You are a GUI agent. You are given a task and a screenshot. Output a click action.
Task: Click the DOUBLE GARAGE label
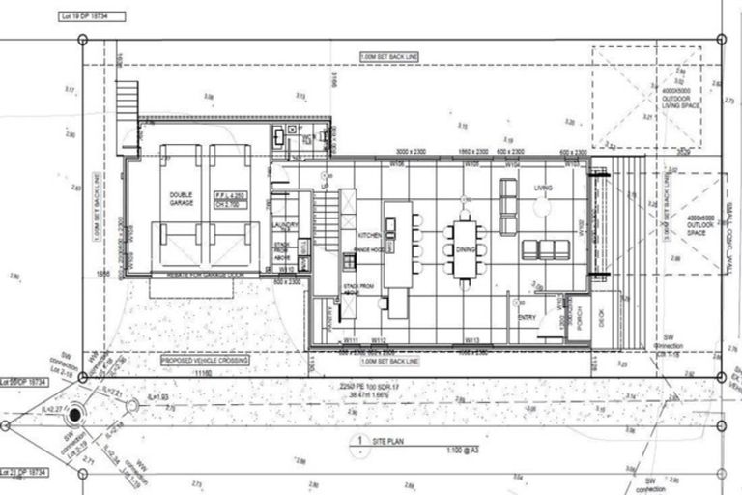181,198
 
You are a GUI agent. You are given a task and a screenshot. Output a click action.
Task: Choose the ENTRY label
528,316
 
